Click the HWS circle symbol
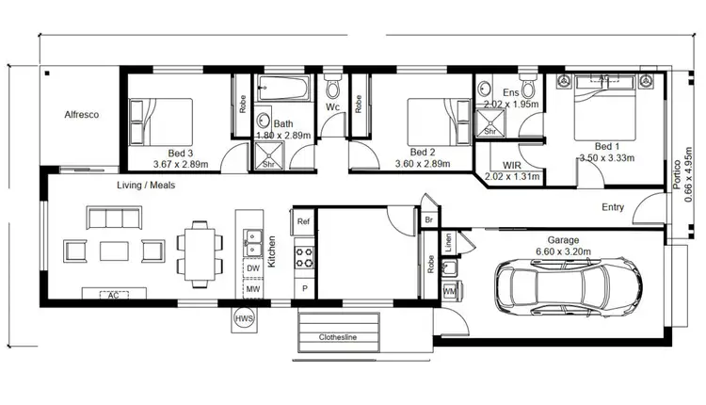point(244,320)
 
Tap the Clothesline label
point(338,336)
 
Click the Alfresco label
point(82,115)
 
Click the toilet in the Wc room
point(332,90)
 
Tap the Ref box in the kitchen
point(303,222)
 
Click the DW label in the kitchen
point(252,268)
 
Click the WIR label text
point(512,164)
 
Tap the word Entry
point(613,207)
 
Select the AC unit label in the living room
point(112,296)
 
